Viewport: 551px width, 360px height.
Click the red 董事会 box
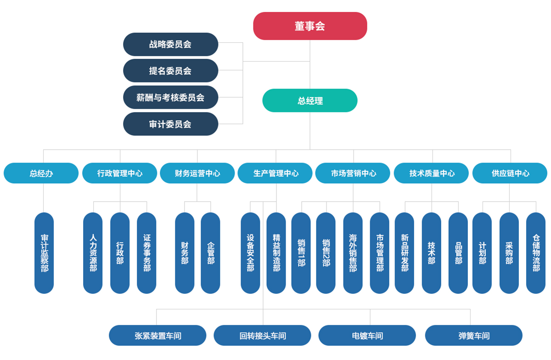tap(310, 26)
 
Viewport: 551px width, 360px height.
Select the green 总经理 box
tap(310, 101)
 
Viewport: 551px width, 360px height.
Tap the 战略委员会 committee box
tap(170, 45)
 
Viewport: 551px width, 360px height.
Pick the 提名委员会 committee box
tap(170, 71)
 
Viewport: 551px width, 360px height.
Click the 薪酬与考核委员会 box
tap(170, 97)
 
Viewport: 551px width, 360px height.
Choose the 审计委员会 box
tap(170, 124)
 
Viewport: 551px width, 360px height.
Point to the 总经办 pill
tap(41, 173)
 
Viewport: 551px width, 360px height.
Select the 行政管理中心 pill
tap(120, 173)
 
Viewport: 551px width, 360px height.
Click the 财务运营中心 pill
tap(197, 173)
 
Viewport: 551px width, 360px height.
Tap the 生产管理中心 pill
tap(275, 173)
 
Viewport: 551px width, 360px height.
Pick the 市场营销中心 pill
tap(354, 173)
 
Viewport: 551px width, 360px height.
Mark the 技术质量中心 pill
tap(432, 173)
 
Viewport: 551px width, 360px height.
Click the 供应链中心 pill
tap(510, 173)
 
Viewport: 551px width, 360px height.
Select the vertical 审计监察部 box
tap(44, 253)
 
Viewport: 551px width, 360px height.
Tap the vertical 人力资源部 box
tap(93, 253)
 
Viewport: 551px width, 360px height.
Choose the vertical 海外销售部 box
tap(353, 253)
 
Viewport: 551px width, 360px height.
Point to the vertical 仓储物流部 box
tap(536, 253)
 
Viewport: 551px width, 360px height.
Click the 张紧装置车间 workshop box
tap(157, 336)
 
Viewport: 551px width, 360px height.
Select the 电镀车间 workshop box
tap(367, 336)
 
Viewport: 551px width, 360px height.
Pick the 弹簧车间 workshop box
tap(474, 336)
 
